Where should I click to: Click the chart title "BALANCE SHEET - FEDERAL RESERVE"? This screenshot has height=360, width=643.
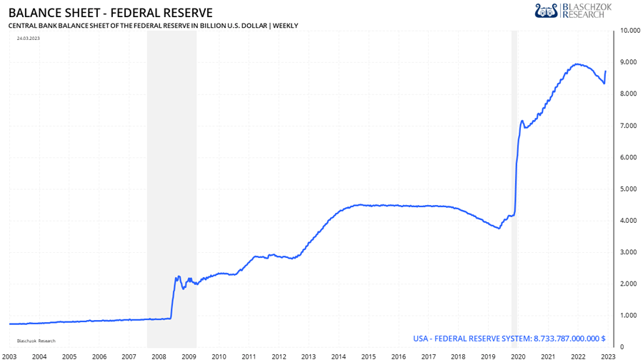tap(110, 12)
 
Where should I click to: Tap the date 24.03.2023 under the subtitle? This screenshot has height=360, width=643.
tap(29, 38)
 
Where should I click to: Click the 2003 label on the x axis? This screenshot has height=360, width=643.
tap(9, 355)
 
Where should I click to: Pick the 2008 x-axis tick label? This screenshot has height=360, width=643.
tap(159, 355)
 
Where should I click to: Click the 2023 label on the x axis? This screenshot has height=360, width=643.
tap(607, 355)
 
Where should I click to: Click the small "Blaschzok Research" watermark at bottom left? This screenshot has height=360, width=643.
tap(36, 341)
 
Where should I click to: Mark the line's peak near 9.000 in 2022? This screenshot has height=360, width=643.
tap(577, 64)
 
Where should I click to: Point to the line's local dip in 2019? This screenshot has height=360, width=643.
tap(499, 228)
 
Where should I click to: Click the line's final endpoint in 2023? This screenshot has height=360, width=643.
tap(606, 71)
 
